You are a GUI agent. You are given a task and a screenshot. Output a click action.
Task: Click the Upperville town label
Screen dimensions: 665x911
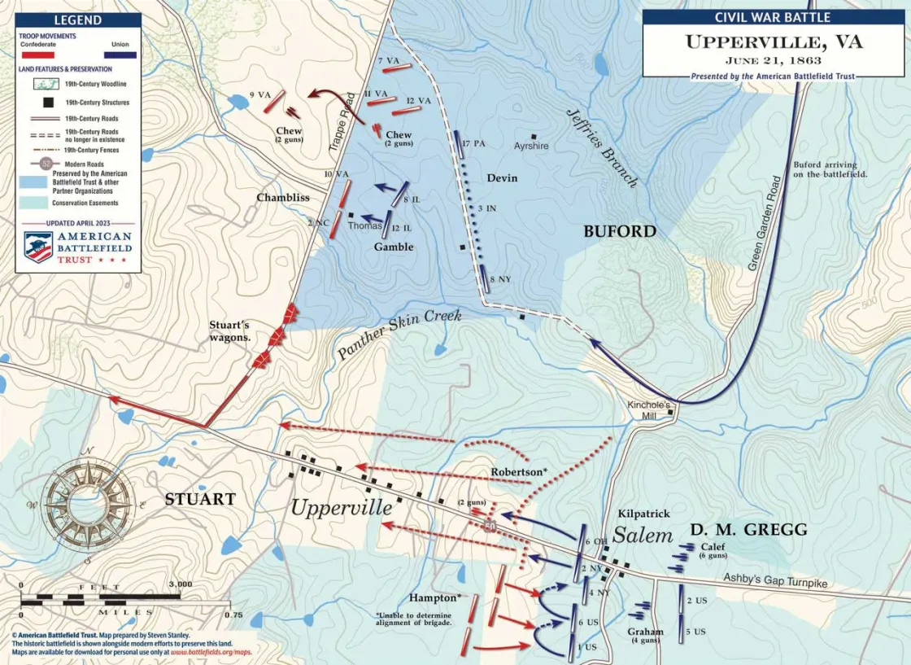click(342, 507)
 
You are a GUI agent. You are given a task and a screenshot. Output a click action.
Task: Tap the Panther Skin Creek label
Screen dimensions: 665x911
click(399, 334)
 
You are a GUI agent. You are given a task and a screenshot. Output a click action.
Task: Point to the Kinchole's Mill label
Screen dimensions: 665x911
click(648, 409)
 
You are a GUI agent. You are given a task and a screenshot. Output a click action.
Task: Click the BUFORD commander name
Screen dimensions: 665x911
click(620, 231)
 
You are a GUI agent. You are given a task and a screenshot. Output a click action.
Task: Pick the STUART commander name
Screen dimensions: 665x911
click(200, 499)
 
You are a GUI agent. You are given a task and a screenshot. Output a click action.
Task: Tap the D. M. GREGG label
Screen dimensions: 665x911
click(748, 530)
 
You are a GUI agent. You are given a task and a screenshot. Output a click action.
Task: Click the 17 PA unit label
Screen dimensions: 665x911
click(473, 144)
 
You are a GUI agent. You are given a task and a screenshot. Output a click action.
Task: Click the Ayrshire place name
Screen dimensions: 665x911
click(531, 147)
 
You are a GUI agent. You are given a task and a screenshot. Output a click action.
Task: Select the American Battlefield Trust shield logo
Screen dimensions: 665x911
click(38, 247)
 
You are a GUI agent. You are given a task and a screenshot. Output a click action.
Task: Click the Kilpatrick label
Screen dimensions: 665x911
click(643, 514)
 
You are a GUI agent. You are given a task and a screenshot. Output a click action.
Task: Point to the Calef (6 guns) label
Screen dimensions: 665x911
click(713, 551)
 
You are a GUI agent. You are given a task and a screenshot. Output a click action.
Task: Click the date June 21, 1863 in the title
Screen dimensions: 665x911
click(773, 60)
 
